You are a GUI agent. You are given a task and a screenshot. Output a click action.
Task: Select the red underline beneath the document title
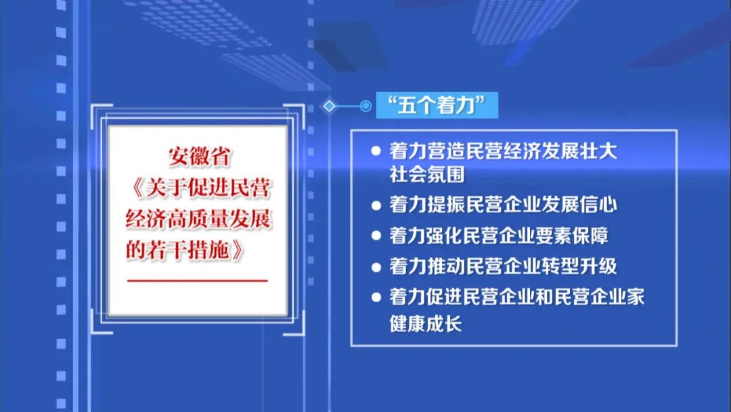pyautogui.click(x=197, y=280)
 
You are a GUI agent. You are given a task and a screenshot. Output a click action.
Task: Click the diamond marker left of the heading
pyautogui.click(x=330, y=106)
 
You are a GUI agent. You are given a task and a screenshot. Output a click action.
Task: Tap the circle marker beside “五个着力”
pyautogui.click(x=365, y=106)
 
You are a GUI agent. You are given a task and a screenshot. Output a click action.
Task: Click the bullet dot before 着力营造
pyautogui.click(x=376, y=150)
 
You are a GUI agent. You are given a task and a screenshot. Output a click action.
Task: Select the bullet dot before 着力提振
pyautogui.click(x=376, y=204)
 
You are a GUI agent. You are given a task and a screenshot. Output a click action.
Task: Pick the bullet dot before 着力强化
pyautogui.click(x=376, y=235)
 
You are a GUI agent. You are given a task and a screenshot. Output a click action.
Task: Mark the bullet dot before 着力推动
pyautogui.click(x=376, y=266)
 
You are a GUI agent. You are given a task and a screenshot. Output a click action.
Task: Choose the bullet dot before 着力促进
pyautogui.click(x=376, y=297)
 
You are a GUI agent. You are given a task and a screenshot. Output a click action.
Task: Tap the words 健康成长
pyautogui.click(x=425, y=323)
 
